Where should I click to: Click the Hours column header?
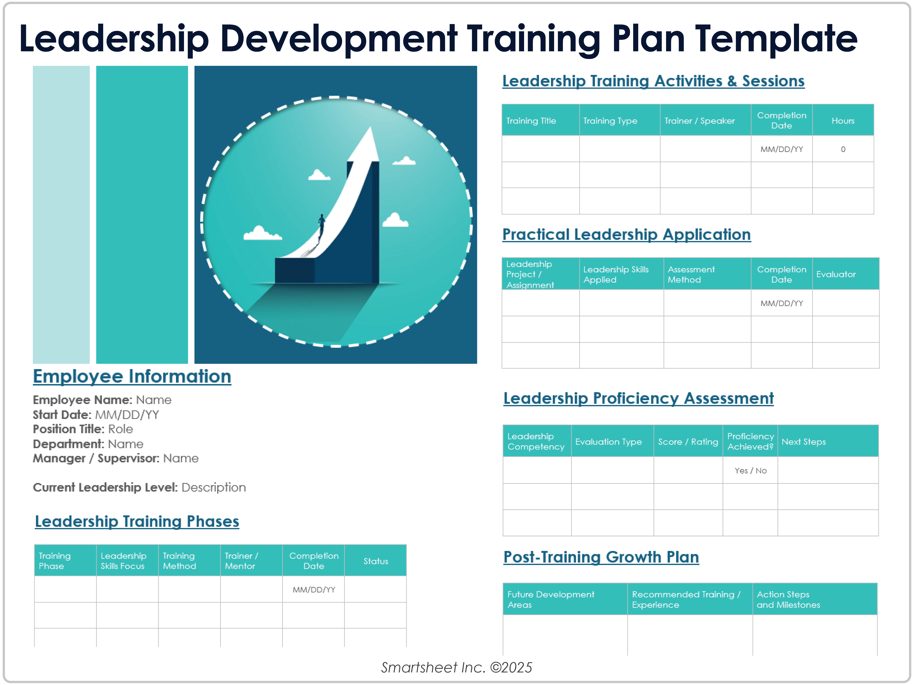843,121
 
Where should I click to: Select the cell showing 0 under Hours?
843,149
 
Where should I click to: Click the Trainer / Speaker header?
700,121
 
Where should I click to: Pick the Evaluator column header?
836,274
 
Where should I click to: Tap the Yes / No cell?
750,471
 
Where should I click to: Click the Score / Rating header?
688,442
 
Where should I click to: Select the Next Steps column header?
804,442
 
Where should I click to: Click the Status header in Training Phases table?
376,561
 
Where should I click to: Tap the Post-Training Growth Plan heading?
601,557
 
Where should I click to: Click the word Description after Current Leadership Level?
214,488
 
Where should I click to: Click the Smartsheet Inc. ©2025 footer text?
457,667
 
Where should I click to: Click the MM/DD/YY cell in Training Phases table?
314,590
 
